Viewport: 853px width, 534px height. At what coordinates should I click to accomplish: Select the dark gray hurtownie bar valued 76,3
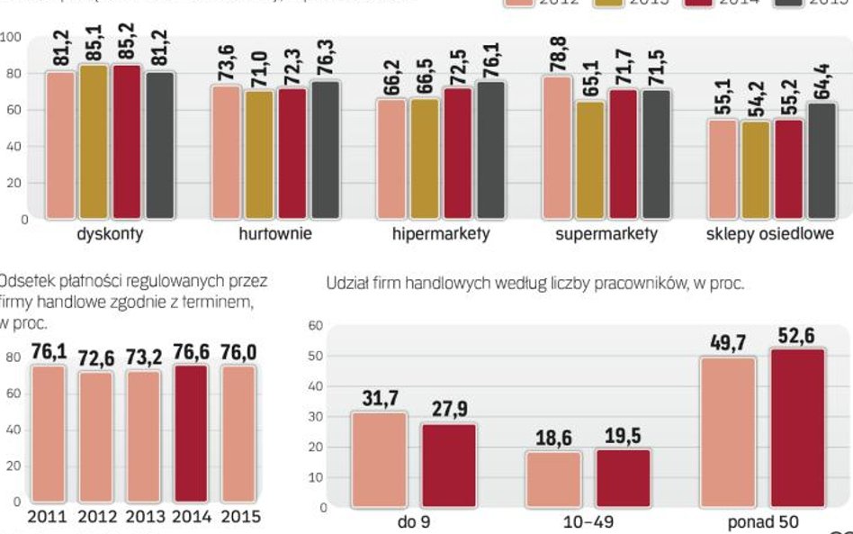pos(325,149)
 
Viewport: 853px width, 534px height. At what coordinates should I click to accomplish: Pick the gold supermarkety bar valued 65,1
pos(589,160)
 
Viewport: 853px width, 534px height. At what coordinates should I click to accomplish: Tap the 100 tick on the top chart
pos(12,37)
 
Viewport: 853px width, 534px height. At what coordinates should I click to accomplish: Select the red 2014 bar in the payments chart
pos(191,432)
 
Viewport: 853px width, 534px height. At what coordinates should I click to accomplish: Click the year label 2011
pos(47,517)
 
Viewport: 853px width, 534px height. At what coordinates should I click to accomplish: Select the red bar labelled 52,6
pos(795,429)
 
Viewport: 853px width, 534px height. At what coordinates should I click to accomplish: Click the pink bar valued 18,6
pos(552,479)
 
